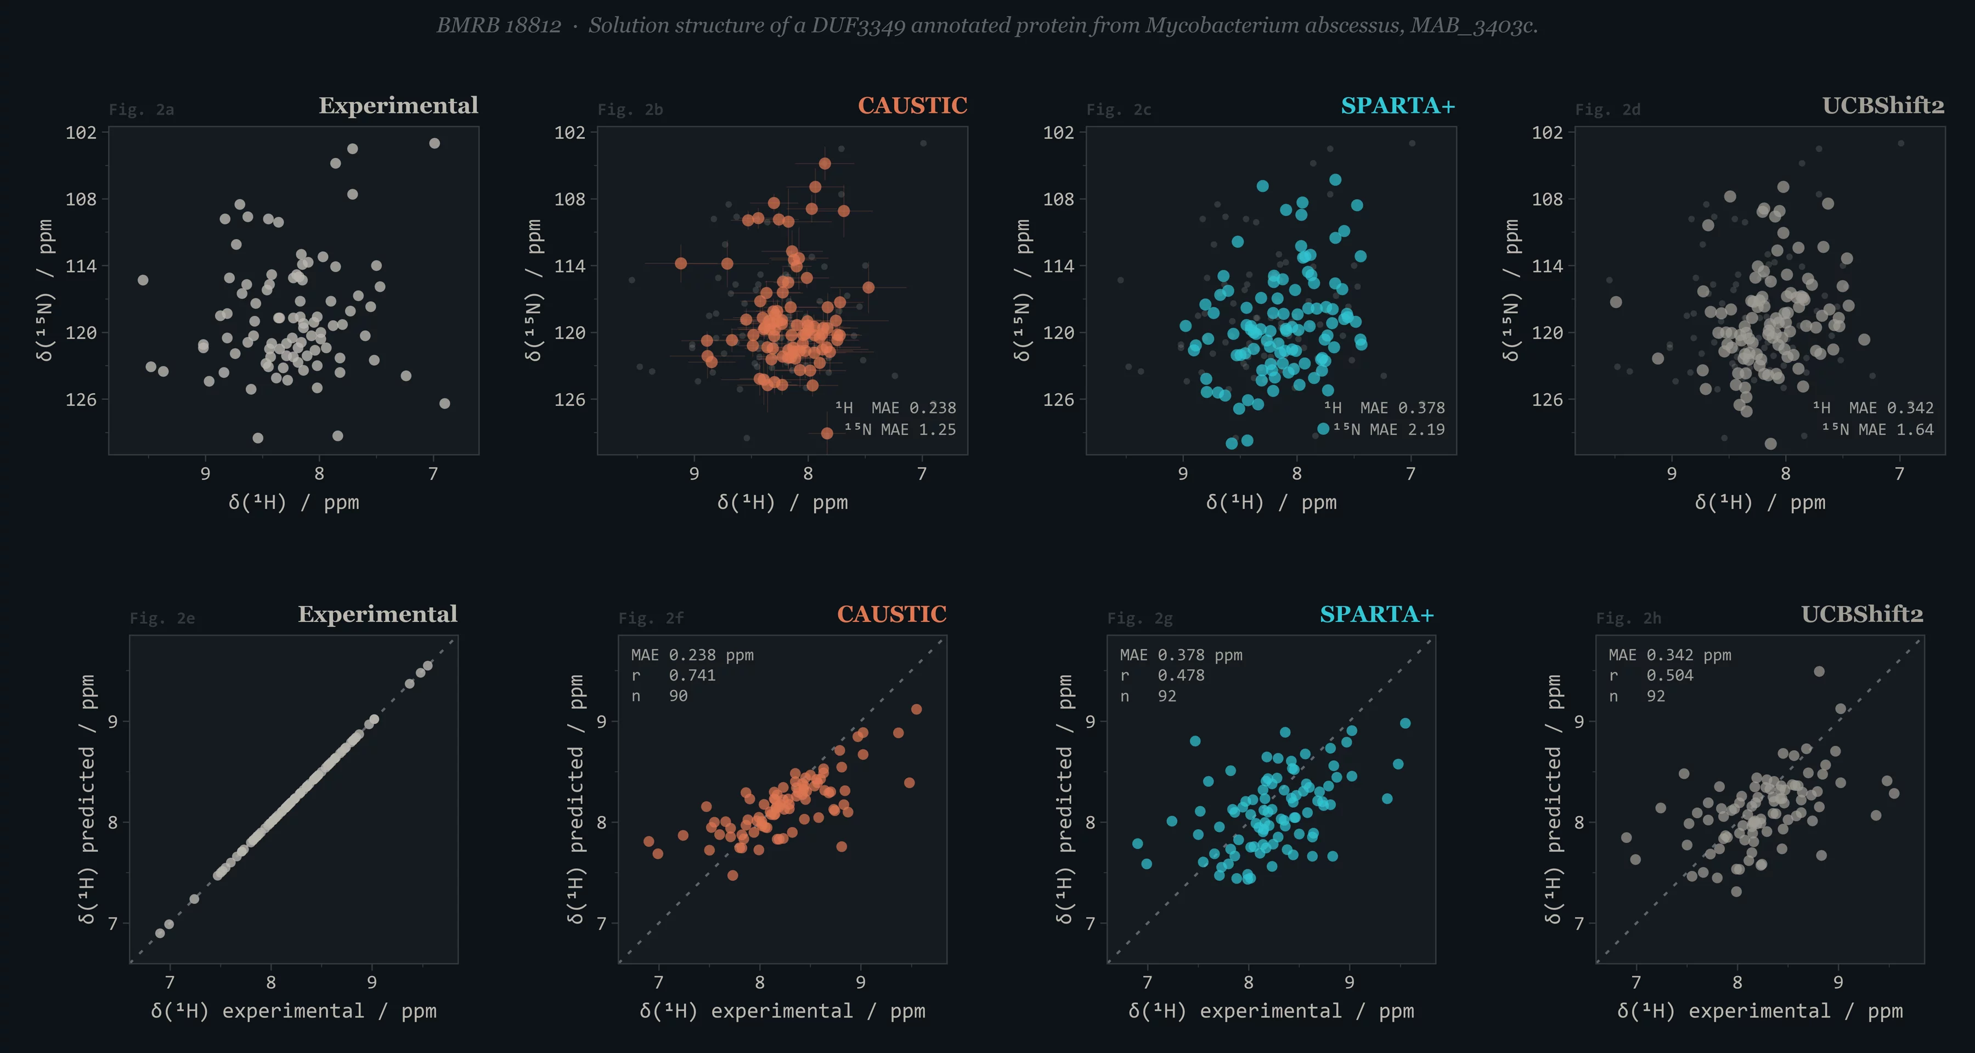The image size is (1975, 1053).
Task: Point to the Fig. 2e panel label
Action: click(162, 619)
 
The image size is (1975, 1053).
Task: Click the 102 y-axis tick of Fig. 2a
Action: click(81, 133)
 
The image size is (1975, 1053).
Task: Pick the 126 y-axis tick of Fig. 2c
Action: click(1058, 399)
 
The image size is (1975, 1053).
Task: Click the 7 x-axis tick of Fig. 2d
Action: click(1899, 474)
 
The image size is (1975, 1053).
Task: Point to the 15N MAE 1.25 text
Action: click(900, 429)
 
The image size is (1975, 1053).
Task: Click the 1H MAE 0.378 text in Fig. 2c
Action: click(1384, 407)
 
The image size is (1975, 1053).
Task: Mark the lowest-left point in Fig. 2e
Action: click(160, 933)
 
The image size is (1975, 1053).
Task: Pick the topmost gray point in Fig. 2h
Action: click(1819, 671)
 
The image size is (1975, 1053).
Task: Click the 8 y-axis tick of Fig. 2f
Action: click(601, 822)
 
